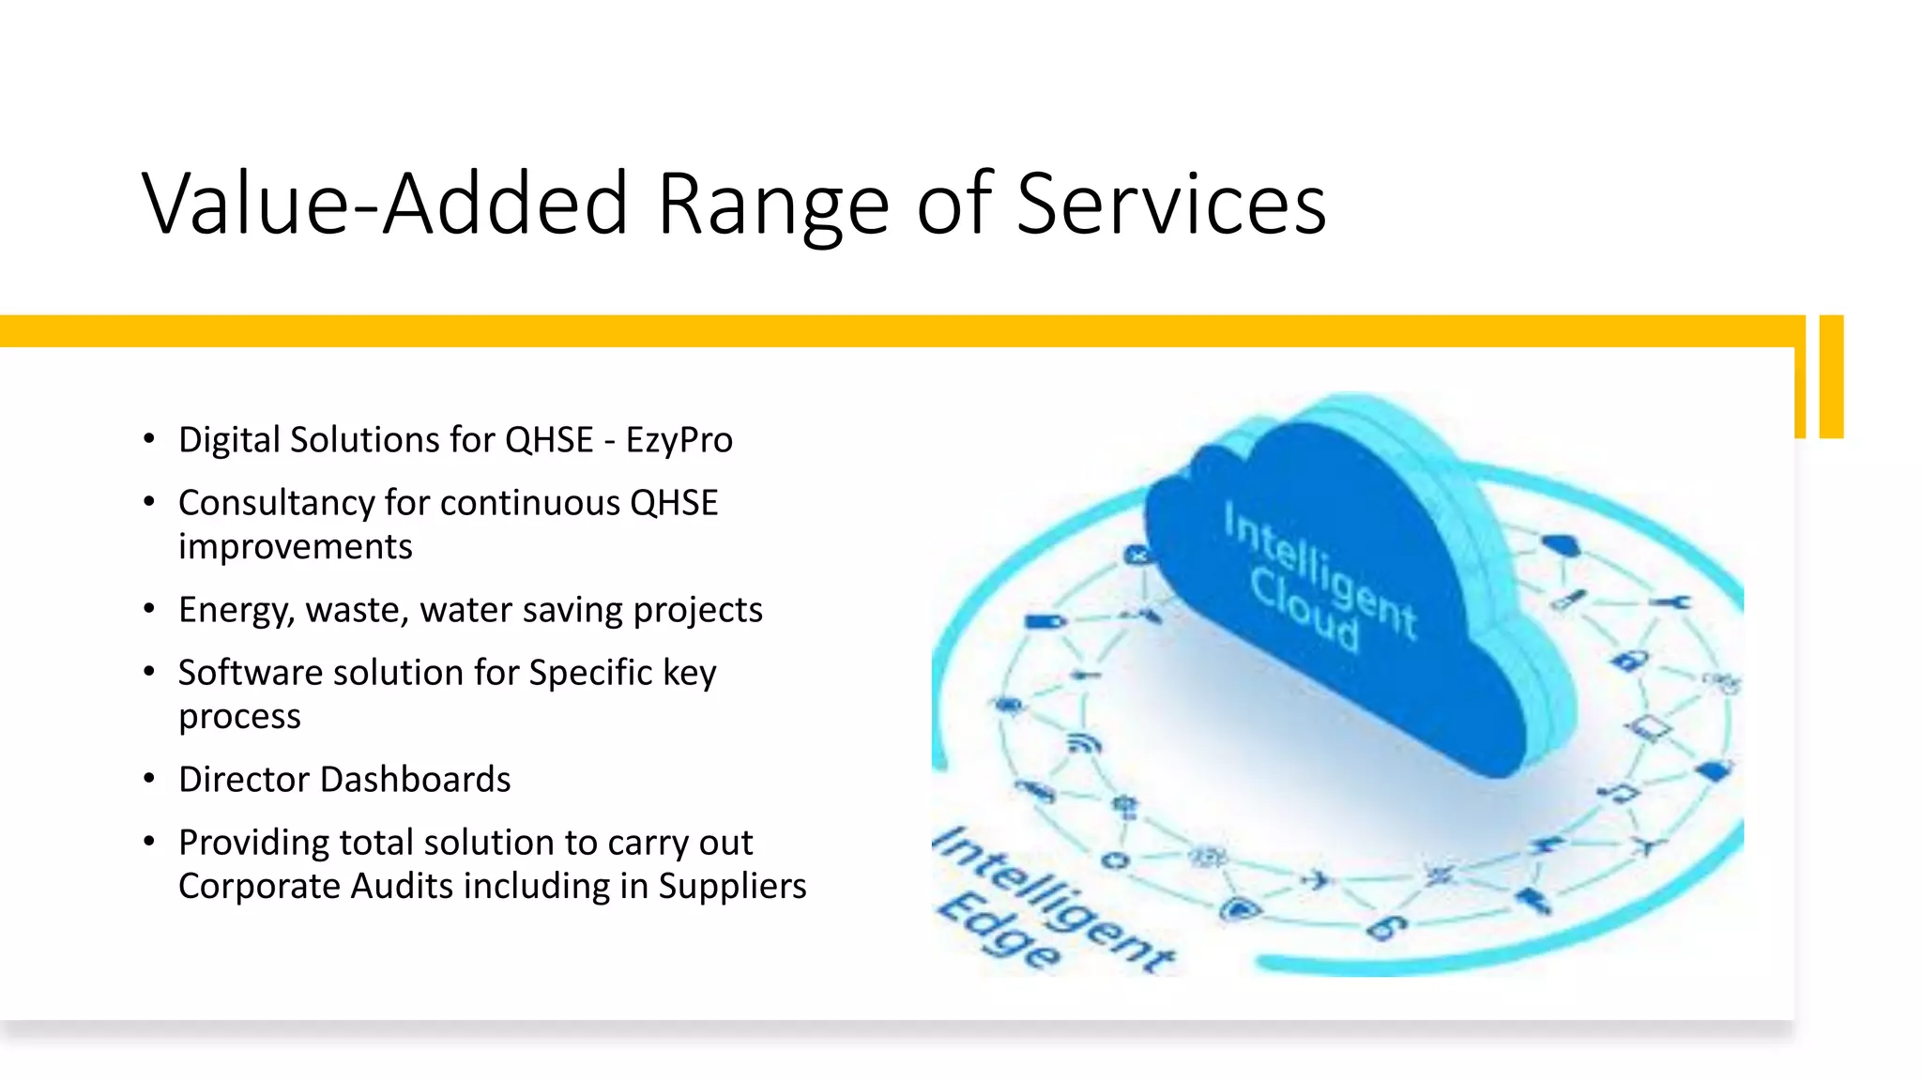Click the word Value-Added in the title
(383, 204)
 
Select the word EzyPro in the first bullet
(679, 440)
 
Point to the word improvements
(295, 546)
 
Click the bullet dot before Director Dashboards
(149, 779)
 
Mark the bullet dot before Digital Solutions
(149, 439)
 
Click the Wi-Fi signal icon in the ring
(1085, 744)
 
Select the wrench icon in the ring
(1671, 601)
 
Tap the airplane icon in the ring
(1318, 880)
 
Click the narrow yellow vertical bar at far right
(1831, 376)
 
